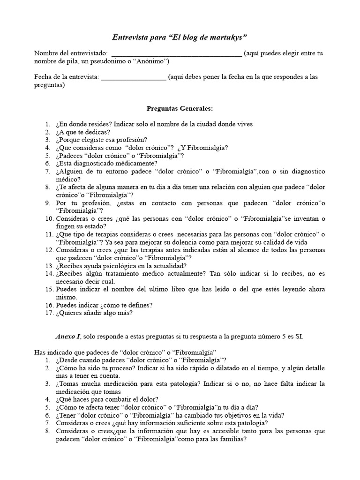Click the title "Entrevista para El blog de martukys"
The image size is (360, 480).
180,37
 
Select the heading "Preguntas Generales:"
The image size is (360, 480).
180,109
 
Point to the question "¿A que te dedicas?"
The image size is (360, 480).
86,132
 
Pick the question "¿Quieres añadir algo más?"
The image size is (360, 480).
94,314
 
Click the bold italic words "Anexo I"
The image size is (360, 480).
67,337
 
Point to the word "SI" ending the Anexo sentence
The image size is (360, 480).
299,337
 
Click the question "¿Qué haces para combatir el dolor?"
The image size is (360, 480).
108,399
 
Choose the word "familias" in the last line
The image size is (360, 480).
232,439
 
